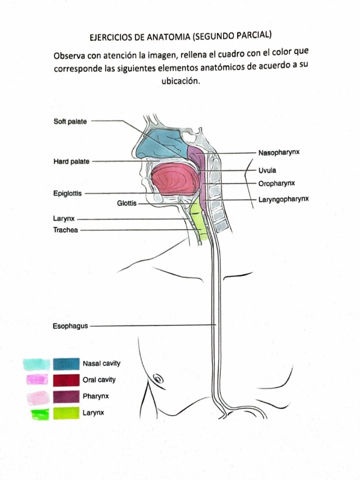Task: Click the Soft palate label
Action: click(x=70, y=121)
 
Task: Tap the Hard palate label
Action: click(x=71, y=161)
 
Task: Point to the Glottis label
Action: click(x=127, y=203)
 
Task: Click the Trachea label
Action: click(x=66, y=230)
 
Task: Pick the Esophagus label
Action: click(x=70, y=325)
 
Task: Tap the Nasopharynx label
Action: click(x=279, y=153)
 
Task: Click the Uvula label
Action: click(x=267, y=170)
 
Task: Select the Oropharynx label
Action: click(x=277, y=183)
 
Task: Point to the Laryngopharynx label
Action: click(x=284, y=199)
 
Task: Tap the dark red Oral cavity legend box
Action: click(x=66, y=380)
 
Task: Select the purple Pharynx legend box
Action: click(x=66, y=397)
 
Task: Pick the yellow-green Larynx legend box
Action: click(x=66, y=413)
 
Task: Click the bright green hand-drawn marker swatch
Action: click(x=39, y=414)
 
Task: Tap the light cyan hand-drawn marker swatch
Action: click(x=37, y=364)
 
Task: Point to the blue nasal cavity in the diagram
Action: click(x=159, y=143)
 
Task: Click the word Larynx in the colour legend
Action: click(x=93, y=413)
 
